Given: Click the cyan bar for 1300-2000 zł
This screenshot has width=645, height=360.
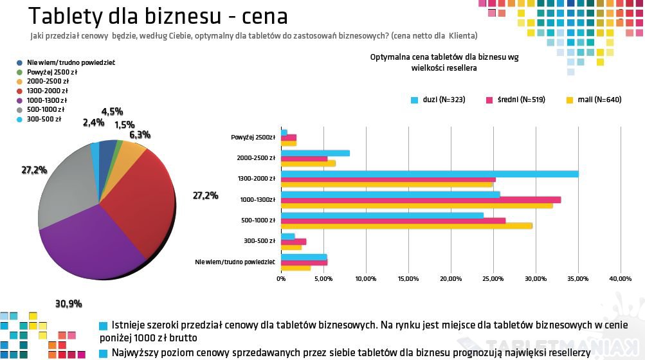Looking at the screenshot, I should (430, 174).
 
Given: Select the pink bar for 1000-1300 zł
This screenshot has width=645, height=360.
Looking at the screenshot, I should (421, 199).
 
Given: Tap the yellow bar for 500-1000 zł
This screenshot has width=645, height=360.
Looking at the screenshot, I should (406, 226).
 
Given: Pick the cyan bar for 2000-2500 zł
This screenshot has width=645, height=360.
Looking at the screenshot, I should (315, 153).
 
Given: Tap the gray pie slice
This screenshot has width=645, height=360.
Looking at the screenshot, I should (64, 186).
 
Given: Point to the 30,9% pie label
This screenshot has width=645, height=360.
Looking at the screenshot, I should (69, 303).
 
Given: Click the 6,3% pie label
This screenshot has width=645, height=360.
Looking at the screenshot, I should (140, 134).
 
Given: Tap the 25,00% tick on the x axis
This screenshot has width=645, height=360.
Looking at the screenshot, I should (493, 278).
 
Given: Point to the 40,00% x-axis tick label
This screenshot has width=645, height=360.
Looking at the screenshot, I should (620, 278).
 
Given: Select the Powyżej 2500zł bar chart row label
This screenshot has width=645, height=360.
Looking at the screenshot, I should (253, 137).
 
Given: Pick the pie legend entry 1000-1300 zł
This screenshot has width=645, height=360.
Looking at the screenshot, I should (46, 100).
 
